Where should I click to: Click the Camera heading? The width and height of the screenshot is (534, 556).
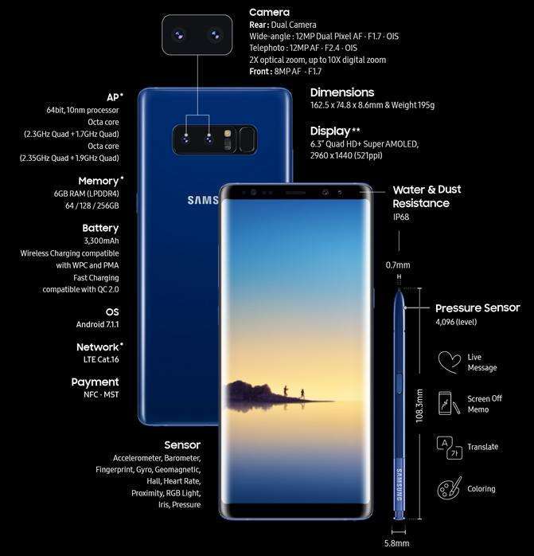pos(269,13)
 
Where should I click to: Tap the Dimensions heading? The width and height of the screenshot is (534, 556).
pos(342,92)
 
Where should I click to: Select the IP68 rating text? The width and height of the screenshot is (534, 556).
pos(401,217)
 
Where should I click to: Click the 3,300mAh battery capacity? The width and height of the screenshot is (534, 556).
pos(101,241)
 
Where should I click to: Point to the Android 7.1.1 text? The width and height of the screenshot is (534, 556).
pos(97,324)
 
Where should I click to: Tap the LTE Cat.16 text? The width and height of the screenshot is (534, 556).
pos(101,359)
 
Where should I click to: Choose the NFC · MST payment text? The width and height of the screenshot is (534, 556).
pos(101,394)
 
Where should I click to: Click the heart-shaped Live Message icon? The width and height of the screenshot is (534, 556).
pos(450,362)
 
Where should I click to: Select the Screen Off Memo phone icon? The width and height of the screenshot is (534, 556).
pos(448,403)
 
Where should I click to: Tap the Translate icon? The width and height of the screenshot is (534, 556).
pos(450,448)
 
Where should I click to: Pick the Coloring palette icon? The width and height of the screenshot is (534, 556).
pos(450,488)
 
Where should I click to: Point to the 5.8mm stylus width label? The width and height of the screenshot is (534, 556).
pos(396,543)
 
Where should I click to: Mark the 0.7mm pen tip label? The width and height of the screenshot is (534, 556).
pos(398,265)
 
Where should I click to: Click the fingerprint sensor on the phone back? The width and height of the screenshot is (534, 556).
pos(247,139)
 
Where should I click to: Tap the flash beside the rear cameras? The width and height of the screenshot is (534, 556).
pos(228,133)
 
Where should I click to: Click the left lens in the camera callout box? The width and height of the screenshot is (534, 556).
pos(179,35)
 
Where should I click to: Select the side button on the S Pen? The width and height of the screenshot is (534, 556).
pos(400,383)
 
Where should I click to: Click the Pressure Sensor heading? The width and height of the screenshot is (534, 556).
pos(477,308)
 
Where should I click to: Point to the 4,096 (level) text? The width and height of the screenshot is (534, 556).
pos(456,322)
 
